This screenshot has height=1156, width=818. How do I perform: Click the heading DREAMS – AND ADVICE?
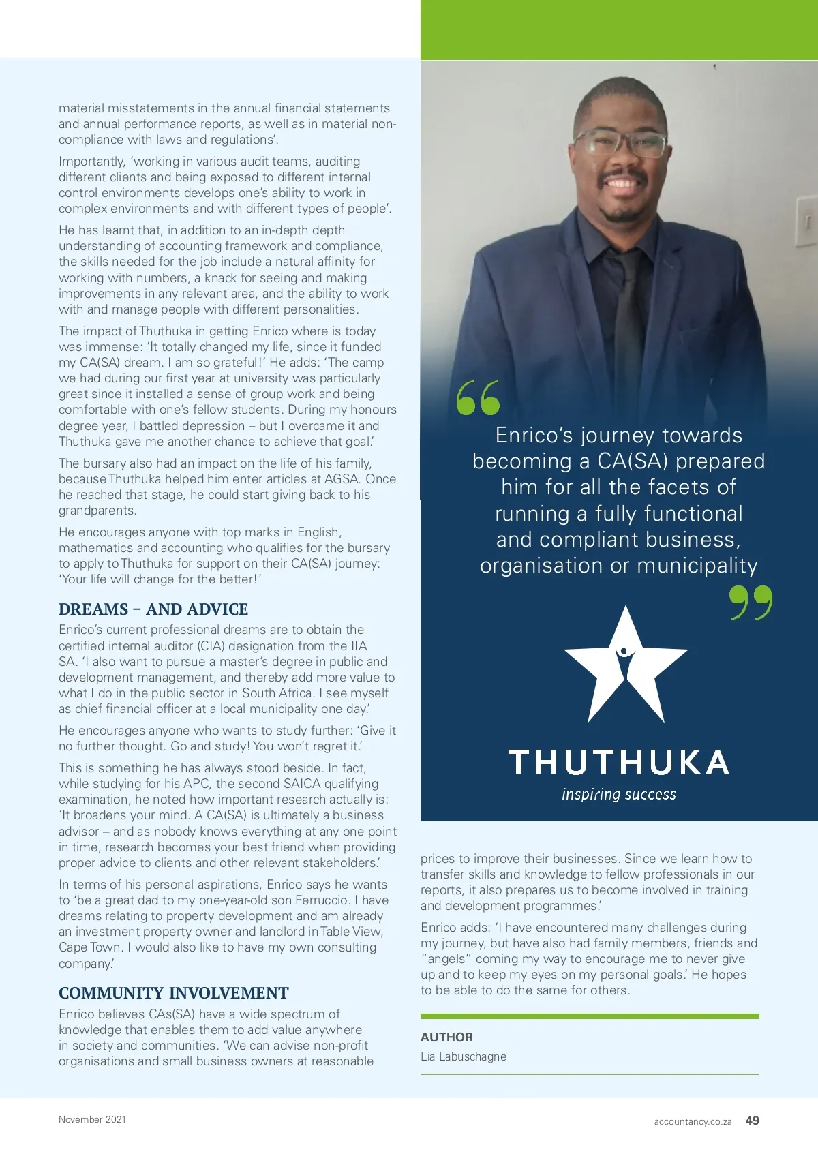pos(153,609)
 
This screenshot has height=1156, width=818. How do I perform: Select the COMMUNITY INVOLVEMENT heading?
pos(174,993)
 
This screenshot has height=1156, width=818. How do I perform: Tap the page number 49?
pos(753,1121)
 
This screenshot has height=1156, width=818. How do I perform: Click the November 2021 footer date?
pos(92,1119)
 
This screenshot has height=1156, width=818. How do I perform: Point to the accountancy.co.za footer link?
pos(693,1121)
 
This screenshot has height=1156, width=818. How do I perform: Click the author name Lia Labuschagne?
pos(464,1056)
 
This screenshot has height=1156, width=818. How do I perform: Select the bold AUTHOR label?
pos(446,1037)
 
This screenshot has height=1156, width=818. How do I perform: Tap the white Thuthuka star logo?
pos(625,665)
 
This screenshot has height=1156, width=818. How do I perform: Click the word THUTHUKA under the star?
pos(619,763)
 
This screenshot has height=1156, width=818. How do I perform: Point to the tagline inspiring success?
pos(619,795)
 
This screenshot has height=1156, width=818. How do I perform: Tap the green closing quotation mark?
pos(751,602)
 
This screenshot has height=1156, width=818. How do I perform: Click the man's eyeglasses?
pos(620,144)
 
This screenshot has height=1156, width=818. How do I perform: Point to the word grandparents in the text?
pos(96,511)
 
